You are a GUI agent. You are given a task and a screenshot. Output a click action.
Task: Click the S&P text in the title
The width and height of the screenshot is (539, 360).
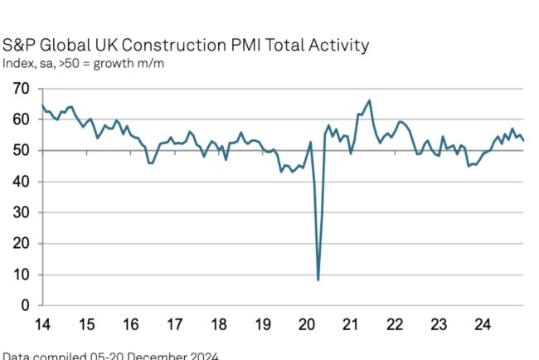pyautogui.click(x=19, y=45)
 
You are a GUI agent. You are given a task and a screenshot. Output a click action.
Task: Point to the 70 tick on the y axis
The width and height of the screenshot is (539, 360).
pyautogui.click(x=22, y=88)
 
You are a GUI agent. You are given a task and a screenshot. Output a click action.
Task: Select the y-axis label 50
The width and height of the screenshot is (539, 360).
pyautogui.click(x=22, y=150)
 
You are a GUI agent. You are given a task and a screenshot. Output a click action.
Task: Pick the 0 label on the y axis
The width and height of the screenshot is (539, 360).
pyautogui.click(x=26, y=305)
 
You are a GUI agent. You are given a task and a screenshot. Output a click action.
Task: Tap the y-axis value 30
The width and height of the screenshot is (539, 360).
pyautogui.click(x=22, y=212)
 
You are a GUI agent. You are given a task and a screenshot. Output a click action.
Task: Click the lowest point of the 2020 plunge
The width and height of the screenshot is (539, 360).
pyautogui.click(x=318, y=280)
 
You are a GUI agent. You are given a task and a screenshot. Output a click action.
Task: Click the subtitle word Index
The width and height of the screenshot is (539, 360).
pyautogui.click(x=17, y=63)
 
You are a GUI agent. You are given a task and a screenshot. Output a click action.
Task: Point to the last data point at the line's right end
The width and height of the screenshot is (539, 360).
pyautogui.click(x=523, y=140)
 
